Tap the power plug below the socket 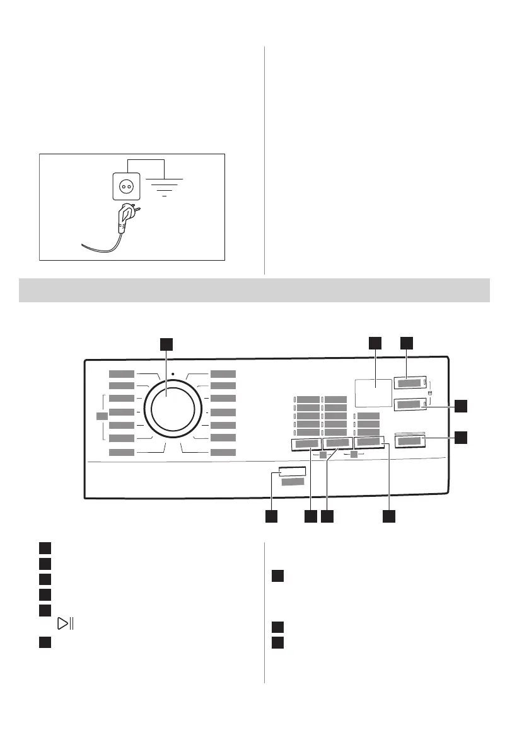(x=126, y=217)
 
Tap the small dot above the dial (x=172, y=374)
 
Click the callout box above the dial (x=165, y=343)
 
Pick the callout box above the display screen (x=375, y=343)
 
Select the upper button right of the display (x=410, y=382)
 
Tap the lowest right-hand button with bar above (x=410, y=441)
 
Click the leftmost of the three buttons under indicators (x=306, y=444)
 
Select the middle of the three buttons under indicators (x=337, y=444)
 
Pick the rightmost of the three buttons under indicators (x=369, y=443)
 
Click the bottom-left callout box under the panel (x=270, y=516)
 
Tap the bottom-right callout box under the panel (x=390, y=516)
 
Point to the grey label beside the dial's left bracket (x=100, y=416)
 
